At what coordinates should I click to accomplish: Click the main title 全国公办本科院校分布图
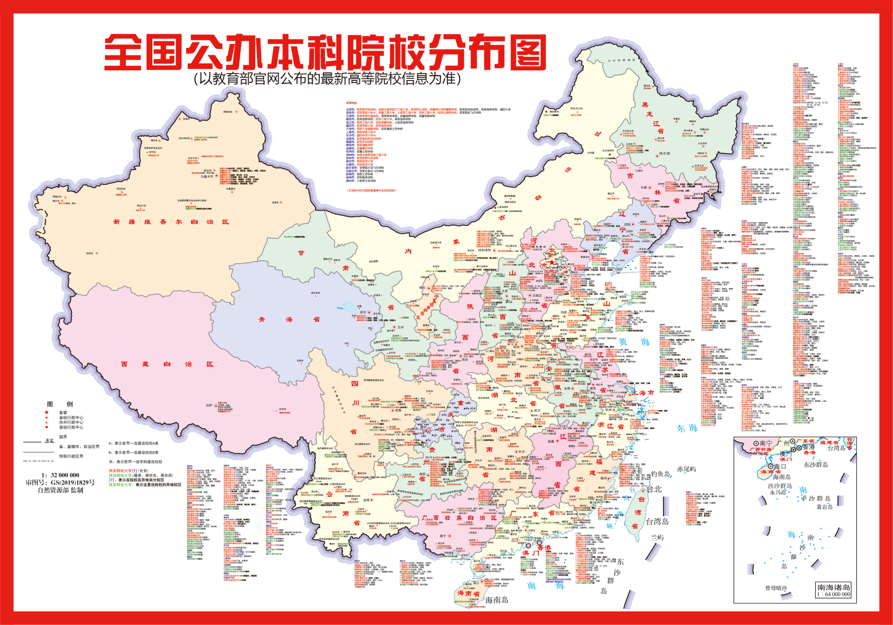tap(324, 52)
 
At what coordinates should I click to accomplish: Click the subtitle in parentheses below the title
tap(327, 79)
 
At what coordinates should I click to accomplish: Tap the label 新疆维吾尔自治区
tap(171, 222)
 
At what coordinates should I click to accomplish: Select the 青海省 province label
tap(289, 320)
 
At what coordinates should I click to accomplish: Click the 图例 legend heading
tap(60, 404)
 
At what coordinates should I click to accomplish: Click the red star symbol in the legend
tap(47, 412)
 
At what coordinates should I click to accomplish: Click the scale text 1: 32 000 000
tap(60, 475)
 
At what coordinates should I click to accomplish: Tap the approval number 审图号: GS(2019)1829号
tap(60, 482)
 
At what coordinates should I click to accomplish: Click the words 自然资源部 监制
tap(60, 490)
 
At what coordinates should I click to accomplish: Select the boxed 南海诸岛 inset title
tap(834, 587)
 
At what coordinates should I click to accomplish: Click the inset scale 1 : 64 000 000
tap(834, 594)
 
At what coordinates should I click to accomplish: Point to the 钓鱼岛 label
tap(660, 474)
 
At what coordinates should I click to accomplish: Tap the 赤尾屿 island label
tap(686, 469)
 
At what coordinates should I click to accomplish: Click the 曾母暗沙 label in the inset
tap(776, 588)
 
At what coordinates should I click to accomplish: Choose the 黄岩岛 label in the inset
tap(824, 507)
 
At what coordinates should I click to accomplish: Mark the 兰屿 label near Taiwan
tap(657, 537)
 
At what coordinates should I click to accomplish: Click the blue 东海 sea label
tap(687, 428)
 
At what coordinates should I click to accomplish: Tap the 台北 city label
tap(654, 489)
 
